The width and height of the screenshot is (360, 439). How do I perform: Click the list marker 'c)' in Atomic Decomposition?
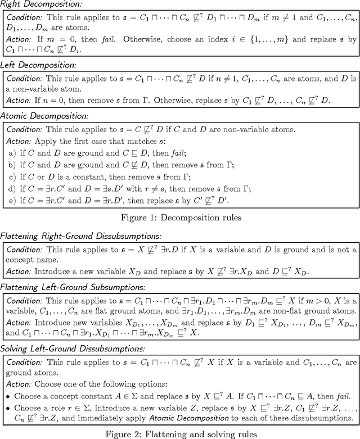(x=9, y=178)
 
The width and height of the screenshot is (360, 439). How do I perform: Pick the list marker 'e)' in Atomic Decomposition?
(x=9, y=203)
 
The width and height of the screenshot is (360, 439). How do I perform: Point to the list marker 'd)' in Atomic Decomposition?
(x=9, y=191)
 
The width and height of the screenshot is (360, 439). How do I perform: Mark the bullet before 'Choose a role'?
(x=8, y=406)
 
